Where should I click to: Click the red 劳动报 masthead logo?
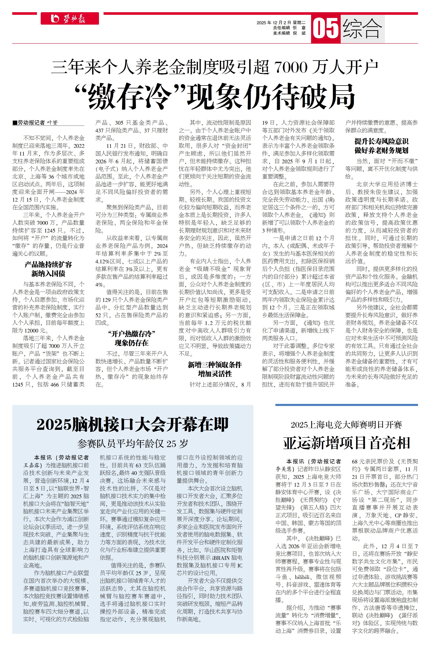70,19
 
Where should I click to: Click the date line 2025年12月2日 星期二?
281,23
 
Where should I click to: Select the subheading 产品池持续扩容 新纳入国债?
48,269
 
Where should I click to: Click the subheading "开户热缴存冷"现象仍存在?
132,338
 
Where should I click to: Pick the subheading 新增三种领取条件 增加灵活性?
215,369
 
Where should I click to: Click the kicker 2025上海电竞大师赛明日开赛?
346,425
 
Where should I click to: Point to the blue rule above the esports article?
346,405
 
